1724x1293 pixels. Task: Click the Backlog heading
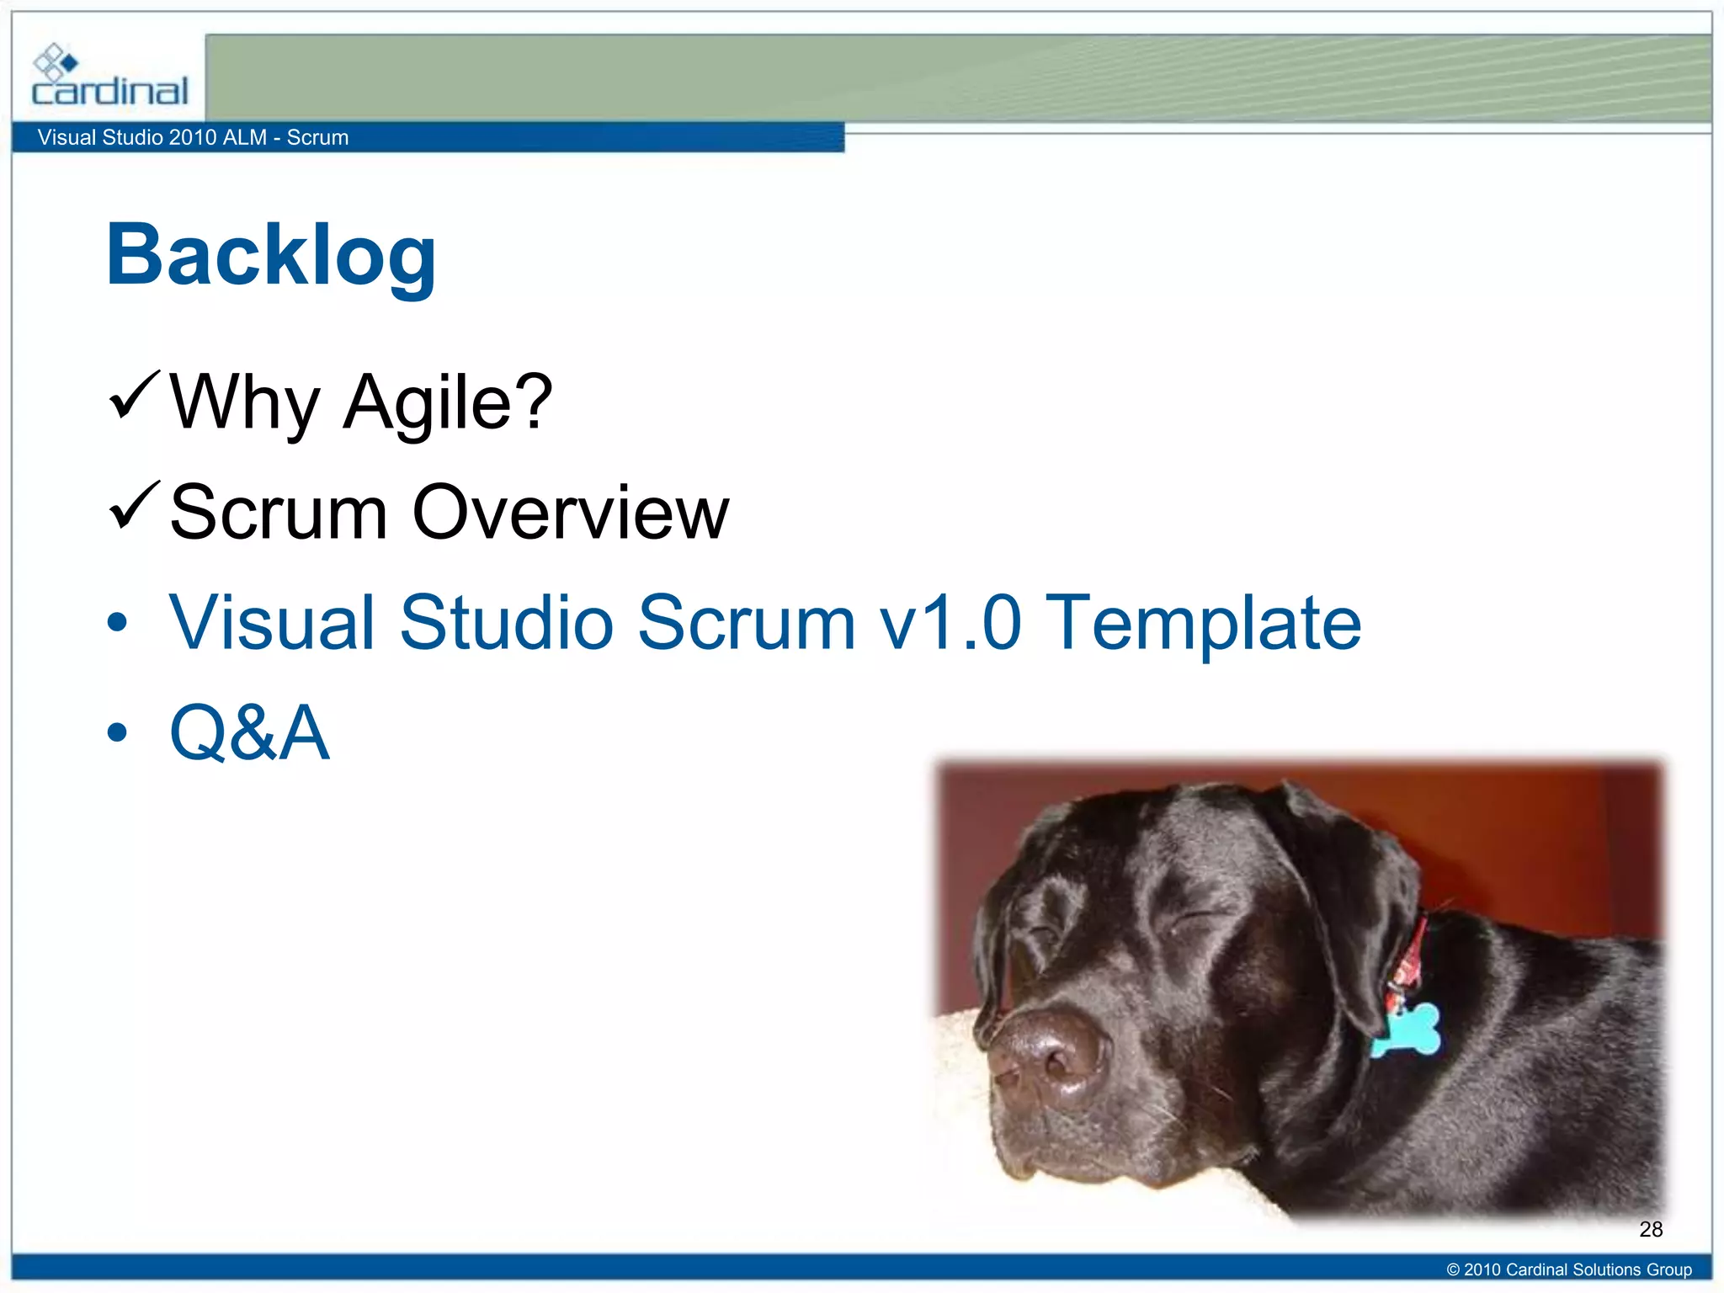tap(271, 254)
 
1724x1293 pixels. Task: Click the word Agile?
tap(448, 403)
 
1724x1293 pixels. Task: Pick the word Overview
tap(570, 513)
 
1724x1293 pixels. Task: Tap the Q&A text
tap(249, 732)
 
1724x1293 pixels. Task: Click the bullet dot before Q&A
tap(117, 732)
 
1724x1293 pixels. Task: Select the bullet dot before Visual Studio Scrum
tap(117, 623)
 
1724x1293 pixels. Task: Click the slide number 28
tap(1651, 1229)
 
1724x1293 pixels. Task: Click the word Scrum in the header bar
tap(317, 137)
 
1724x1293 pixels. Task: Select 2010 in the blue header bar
tap(192, 137)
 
